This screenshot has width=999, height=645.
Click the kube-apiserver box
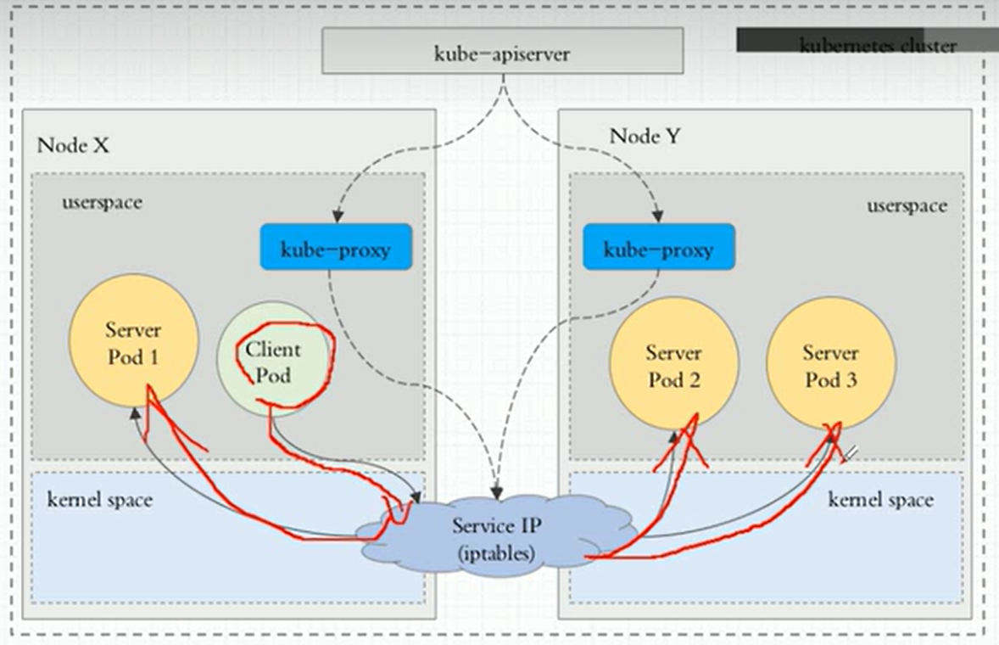click(x=503, y=51)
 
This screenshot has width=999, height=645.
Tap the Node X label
click(x=73, y=144)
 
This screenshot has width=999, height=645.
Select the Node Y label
click(x=645, y=136)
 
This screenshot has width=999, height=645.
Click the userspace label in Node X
click(x=102, y=203)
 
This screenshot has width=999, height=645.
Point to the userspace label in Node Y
click(x=906, y=205)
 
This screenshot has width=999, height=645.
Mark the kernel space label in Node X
click(x=100, y=499)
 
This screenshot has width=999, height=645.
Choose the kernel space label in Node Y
click(x=880, y=500)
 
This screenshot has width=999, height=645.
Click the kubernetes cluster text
click(x=877, y=46)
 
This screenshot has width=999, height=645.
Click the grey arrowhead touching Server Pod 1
click(x=135, y=413)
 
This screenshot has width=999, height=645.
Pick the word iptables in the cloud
click(x=495, y=554)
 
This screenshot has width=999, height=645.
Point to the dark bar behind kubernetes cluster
click(x=767, y=39)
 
